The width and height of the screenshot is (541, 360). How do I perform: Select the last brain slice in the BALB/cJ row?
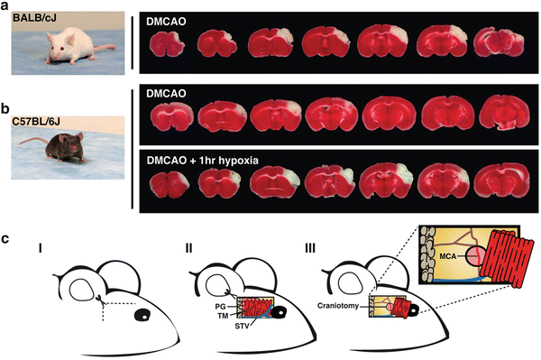(x=495, y=46)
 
